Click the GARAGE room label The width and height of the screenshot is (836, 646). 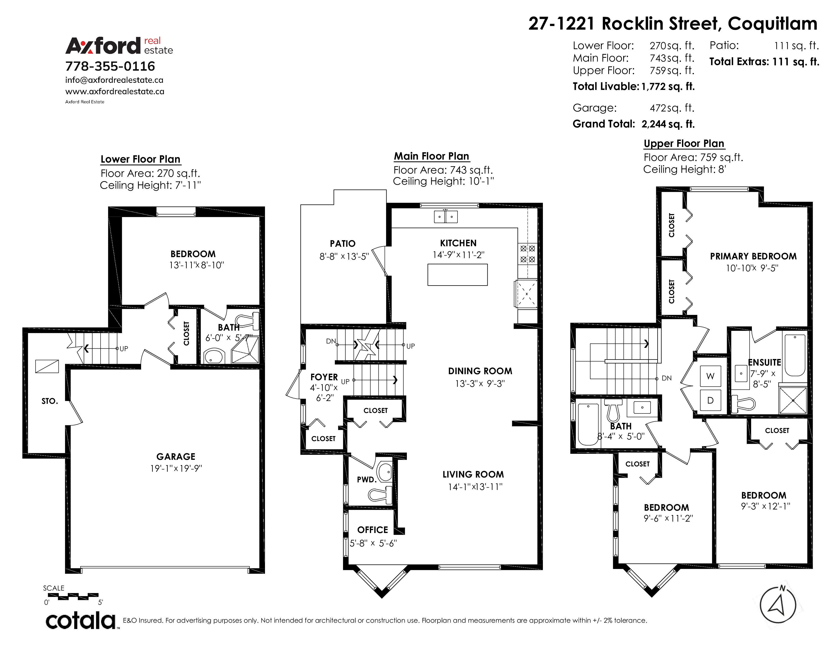point(176,457)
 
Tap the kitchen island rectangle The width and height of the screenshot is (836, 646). point(458,275)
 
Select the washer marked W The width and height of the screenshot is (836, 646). point(710,376)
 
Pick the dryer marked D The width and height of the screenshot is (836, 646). point(710,400)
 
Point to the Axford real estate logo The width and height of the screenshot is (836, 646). point(119,46)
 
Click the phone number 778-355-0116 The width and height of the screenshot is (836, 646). point(110,66)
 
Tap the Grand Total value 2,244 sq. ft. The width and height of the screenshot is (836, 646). point(668,124)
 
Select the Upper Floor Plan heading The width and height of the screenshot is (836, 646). point(684,143)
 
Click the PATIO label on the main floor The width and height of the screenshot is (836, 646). point(343,243)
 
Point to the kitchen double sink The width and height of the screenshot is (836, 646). point(446,217)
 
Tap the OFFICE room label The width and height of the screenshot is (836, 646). point(372,530)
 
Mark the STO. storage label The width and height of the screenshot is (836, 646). point(50,401)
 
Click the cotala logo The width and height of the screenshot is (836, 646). point(81,620)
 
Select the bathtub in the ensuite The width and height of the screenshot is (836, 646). point(795,355)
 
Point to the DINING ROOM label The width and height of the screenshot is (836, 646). point(480,371)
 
